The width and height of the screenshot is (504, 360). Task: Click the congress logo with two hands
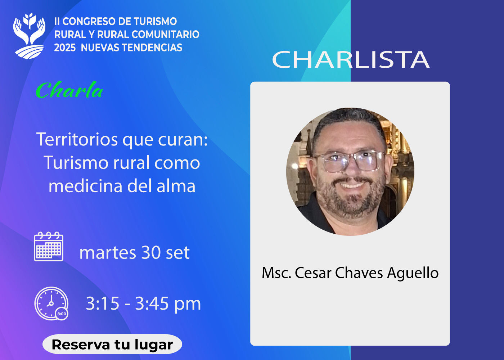29,36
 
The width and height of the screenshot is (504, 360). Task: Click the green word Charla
69,90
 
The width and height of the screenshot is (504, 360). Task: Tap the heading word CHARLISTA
351,59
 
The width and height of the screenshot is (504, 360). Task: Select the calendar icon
49,246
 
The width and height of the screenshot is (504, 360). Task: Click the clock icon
51,303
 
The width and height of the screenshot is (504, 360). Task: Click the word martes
108,253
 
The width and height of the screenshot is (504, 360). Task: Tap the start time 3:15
103,303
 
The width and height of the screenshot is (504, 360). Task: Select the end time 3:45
152,303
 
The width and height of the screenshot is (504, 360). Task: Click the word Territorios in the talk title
77,139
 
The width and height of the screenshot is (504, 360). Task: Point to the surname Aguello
413,273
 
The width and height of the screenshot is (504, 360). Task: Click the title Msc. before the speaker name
276,273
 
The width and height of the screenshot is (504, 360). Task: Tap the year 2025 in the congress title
65,48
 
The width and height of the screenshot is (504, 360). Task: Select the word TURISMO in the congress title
156,21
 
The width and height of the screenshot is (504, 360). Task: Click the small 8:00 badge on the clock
62,314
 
